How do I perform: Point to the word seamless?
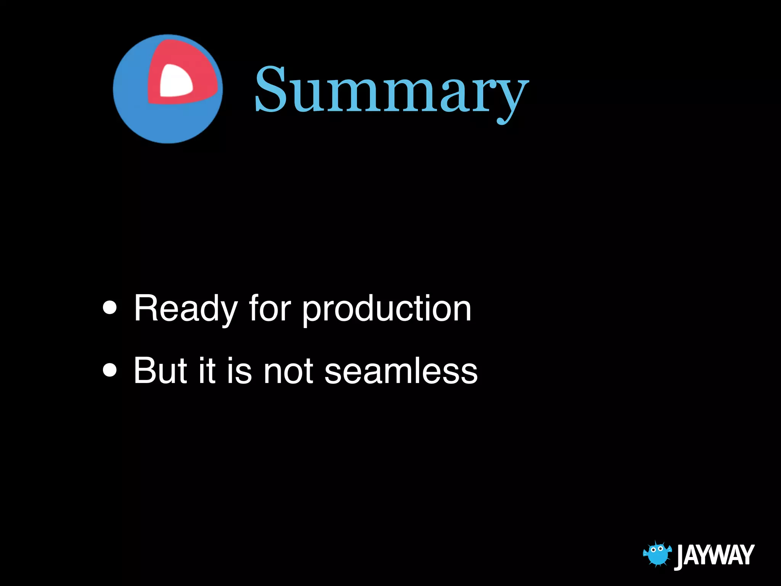401,371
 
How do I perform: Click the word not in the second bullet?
288,371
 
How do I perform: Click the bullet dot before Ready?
110,308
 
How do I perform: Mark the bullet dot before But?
110,370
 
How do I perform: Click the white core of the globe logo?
175,81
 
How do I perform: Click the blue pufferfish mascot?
657,554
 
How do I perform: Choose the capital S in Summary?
270,90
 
